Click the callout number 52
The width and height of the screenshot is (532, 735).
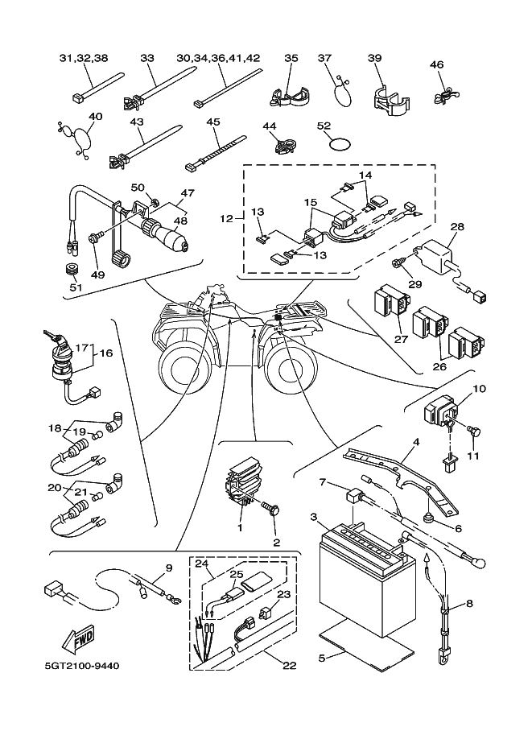click(x=324, y=126)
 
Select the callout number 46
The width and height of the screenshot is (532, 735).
click(x=436, y=65)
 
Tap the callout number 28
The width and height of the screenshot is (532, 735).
click(x=456, y=228)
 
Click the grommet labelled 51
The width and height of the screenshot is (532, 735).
click(x=75, y=269)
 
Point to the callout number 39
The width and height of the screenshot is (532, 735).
click(x=374, y=59)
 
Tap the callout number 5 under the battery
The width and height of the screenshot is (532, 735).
click(x=322, y=658)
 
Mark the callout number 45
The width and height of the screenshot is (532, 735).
click(x=213, y=122)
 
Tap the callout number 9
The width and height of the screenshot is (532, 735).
click(x=168, y=568)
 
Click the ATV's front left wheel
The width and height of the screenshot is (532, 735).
click(x=184, y=367)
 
